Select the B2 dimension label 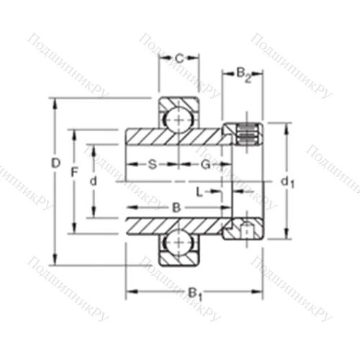click(243, 73)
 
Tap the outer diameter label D click(55, 163)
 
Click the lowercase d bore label click(93, 181)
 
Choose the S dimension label click(152, 165)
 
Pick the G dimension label click(205, 165)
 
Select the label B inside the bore click(176, 207)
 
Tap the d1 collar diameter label click(287, 182)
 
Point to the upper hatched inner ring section click(173, 136)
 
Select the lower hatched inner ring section click(173, 225)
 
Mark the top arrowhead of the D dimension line click(55, 102)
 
